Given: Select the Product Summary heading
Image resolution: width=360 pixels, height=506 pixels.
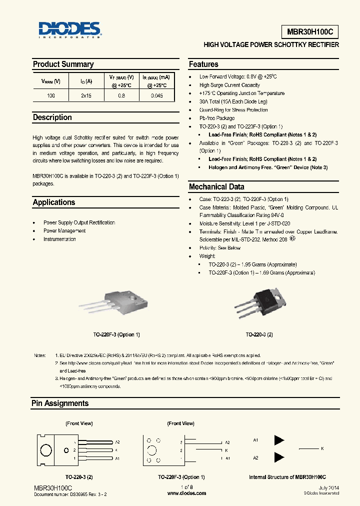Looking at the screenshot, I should [63, 64].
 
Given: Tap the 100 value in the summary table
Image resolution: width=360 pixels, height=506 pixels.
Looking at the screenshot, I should [50, 95].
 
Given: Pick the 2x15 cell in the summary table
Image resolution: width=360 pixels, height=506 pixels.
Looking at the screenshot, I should [86, 95].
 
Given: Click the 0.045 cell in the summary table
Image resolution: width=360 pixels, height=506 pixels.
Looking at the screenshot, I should [156, 95].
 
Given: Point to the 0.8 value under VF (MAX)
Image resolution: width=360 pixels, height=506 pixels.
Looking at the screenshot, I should [121, 95].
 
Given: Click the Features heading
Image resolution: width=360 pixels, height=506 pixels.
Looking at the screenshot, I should [203, 64].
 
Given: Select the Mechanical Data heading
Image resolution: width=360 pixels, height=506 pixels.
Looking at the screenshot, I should [216, 186].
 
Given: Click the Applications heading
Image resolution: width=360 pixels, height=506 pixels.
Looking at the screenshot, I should [54, 202].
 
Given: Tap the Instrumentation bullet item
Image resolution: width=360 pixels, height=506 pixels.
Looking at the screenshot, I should [59, 239].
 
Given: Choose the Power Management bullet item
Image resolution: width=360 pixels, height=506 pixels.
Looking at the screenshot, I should [64, 231].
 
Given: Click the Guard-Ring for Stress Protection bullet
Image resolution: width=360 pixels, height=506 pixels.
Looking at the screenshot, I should [233, 110].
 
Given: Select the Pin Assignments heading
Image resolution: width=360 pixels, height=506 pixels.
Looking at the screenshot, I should [60, 403].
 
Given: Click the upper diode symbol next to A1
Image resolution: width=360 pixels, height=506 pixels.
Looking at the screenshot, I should [279, 440].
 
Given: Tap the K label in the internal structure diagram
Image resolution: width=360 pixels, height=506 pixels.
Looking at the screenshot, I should [322, 448].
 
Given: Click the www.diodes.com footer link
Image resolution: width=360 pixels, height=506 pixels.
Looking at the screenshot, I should [186, 493].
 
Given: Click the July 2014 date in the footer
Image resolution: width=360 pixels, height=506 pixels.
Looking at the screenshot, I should [328, 487].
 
